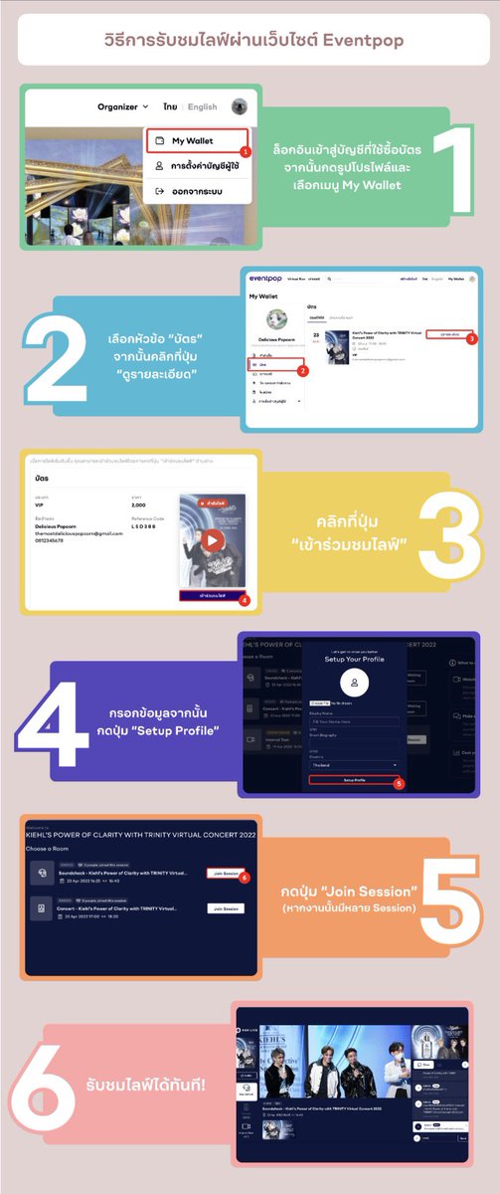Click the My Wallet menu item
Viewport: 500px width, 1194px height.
point(193,141)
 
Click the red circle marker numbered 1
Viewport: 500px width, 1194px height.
point(245,151)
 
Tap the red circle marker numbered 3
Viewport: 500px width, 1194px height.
point(471,339)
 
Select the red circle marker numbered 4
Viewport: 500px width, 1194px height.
point(245,600)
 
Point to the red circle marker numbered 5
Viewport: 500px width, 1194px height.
point(399,783)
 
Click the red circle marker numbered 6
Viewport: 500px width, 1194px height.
point(244,878)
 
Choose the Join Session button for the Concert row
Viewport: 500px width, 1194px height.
point(226,908)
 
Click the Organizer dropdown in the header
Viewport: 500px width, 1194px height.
point(122,106)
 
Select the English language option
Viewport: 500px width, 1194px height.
point(202,106)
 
